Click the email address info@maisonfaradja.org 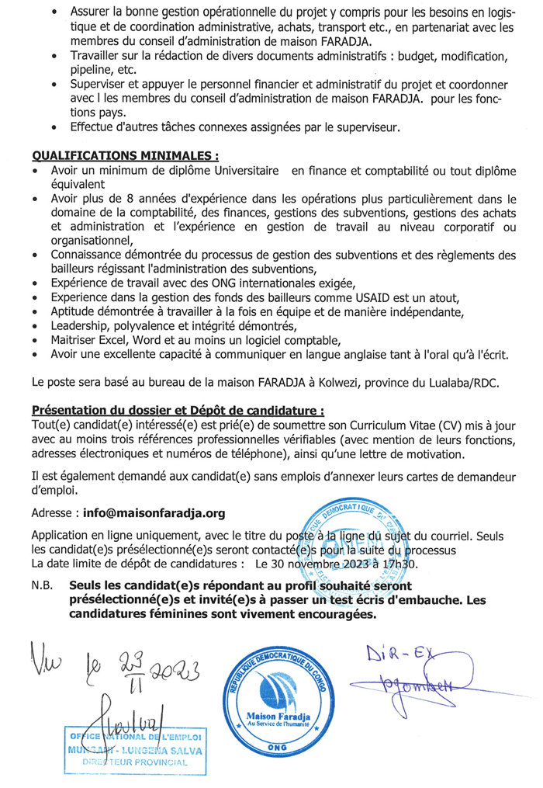tap(154, 513)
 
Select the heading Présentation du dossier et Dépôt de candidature tap(178, 410)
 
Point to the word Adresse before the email tap(54, 513)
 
